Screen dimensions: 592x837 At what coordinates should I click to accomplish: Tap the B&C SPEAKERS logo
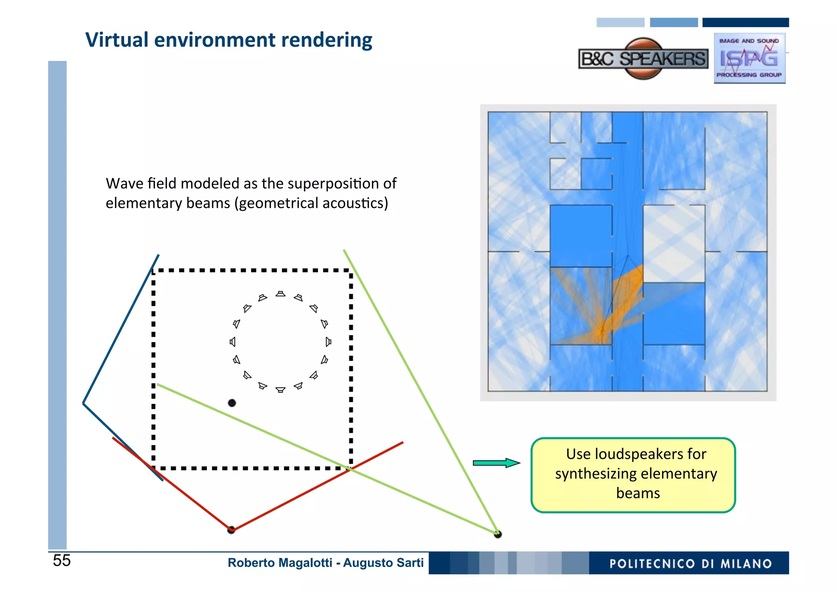643,59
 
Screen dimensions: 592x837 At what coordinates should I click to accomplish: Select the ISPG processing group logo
749,59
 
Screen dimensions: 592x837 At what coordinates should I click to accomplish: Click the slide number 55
62,560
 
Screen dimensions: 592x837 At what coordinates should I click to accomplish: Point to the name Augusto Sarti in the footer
383,563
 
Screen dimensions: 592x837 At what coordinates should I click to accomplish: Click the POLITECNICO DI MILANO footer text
690,564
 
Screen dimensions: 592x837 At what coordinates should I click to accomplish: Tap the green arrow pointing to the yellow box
496,463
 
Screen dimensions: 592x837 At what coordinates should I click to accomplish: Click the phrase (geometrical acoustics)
311,203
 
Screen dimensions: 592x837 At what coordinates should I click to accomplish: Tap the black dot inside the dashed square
232,403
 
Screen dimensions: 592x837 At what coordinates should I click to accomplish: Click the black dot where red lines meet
231,530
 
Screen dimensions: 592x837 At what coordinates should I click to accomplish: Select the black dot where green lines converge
497,534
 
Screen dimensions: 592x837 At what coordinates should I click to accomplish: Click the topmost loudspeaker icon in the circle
280,294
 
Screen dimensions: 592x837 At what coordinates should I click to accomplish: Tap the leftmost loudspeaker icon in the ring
233,342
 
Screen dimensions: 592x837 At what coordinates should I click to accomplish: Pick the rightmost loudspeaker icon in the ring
328,342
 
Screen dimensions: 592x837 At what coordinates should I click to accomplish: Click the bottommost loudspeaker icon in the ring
280,389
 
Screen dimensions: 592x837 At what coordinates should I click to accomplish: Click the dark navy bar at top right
745,23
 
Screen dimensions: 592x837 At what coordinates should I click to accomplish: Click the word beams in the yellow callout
638,493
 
